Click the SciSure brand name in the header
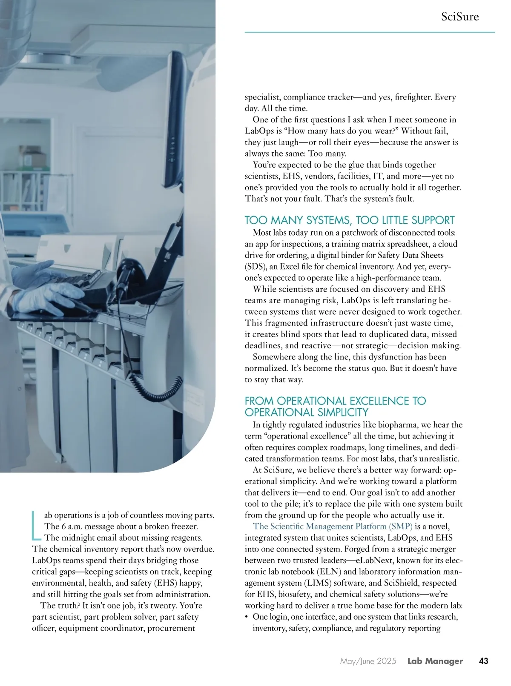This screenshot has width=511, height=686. [x=460, y=17]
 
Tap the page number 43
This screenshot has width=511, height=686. [x=483, y=661]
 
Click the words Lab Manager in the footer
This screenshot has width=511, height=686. [x=435, y=661]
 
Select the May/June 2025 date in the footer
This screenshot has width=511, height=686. [x=368, y=661]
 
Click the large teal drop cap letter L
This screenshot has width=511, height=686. [x=37, y=524]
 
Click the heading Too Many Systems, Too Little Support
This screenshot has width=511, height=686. [x=349, y=220]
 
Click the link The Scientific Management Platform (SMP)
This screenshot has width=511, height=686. [x=333, y=526]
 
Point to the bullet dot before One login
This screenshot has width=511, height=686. [x=247, y=617]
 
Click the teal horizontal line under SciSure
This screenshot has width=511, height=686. [x=370, y=32]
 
